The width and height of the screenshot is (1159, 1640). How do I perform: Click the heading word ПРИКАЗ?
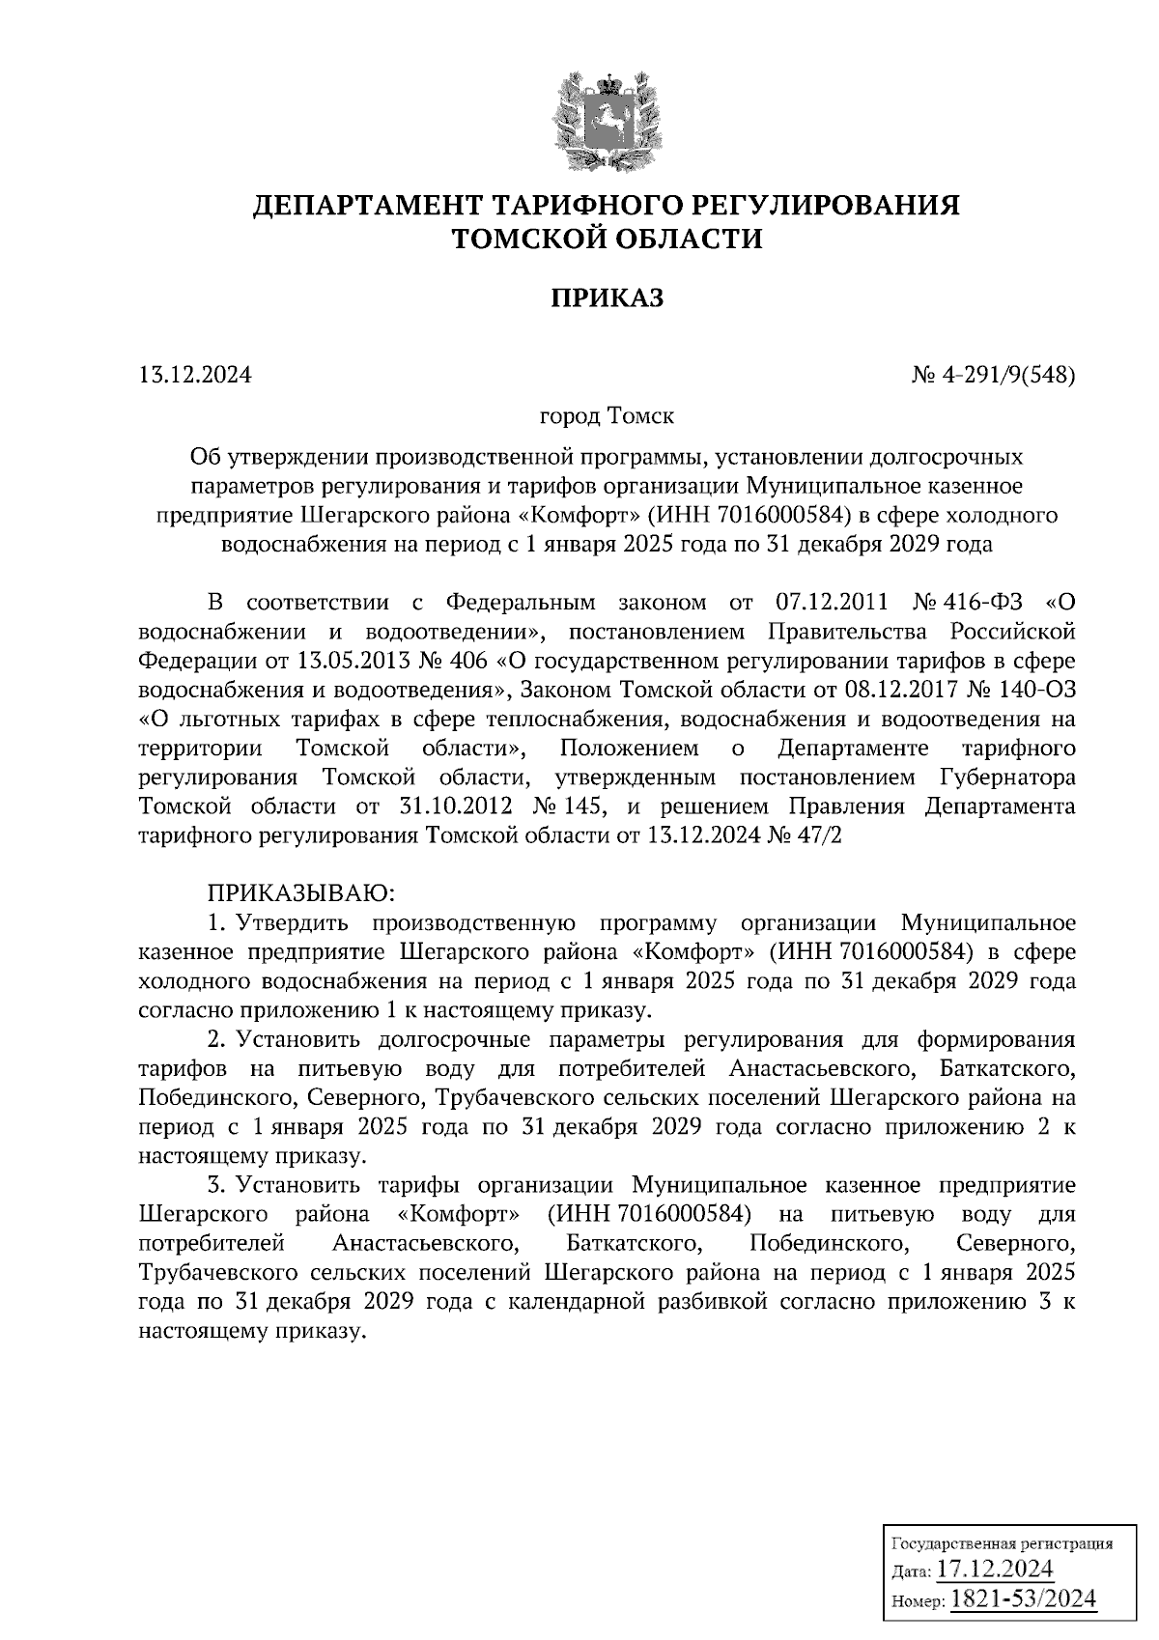(x=608, y=298)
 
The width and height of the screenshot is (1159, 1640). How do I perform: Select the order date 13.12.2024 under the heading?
(x=195, y=375)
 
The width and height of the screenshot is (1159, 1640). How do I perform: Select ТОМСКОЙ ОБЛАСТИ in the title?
(x=608, y=239)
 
